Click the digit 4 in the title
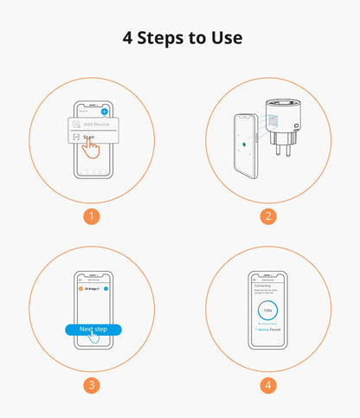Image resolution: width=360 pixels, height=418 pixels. (128, 38)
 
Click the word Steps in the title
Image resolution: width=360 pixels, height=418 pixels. (166, 38)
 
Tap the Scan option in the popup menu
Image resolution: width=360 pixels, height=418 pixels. (88, 137)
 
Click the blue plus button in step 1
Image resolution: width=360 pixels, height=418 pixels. (105, 112)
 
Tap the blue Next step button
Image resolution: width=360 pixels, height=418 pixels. (93, 330)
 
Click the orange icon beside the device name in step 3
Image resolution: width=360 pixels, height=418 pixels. (82, 289)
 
